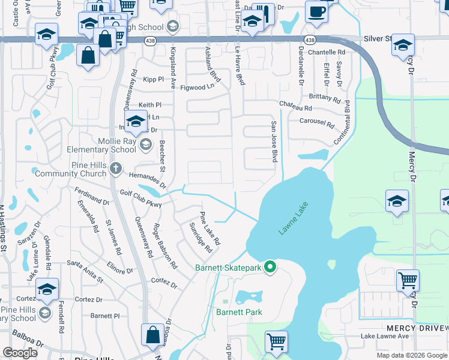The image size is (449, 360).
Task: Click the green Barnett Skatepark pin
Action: [x=270, y=267]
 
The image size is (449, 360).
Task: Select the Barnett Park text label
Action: [x=240, y=312]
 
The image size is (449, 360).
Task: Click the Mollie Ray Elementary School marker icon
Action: [x=145, y=144]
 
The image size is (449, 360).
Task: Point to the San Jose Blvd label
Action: [x=274, y=141]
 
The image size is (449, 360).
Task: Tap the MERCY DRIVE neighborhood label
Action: [x=417, y=328]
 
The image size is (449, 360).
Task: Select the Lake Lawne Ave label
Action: [x=385, y=337]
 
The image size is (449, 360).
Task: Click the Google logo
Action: [x=20, y=353]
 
